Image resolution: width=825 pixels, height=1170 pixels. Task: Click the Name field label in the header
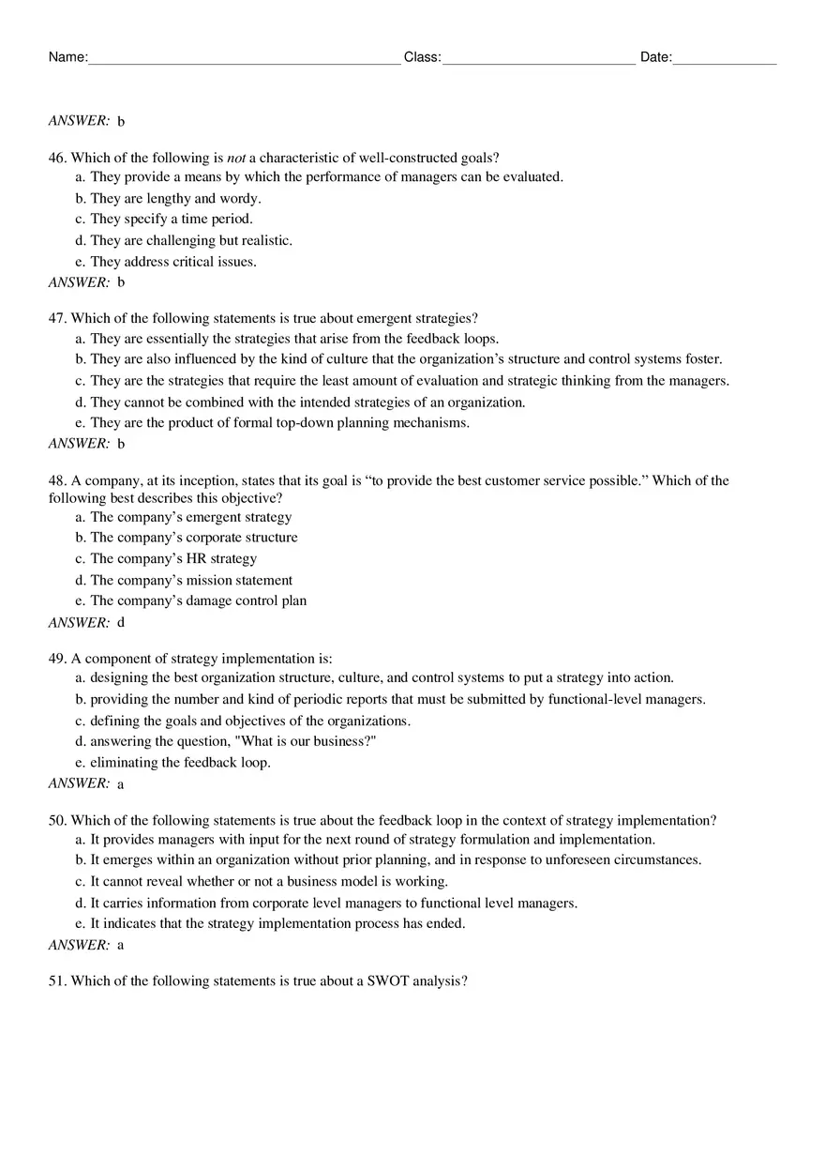coord(67,57)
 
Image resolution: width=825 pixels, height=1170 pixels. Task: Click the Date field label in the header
coord(655,57)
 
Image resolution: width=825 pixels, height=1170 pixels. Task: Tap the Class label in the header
coord(422,57)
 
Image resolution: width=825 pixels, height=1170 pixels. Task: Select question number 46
coord(57,158)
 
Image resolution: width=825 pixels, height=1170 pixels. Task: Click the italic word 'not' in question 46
coord(236,158)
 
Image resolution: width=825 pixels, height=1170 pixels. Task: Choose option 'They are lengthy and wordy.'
coord(175,198)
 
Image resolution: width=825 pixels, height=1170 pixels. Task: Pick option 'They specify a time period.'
coord(171,219)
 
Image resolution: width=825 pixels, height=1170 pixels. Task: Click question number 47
coord(57,318)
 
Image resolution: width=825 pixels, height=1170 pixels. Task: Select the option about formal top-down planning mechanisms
coord(279,422)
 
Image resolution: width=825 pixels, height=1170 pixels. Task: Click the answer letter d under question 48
coord(121,623)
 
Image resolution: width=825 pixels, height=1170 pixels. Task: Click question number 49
coord(57,659)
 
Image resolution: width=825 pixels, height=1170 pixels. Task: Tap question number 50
coord(57,820)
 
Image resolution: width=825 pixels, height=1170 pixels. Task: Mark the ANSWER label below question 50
coord(79,945)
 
